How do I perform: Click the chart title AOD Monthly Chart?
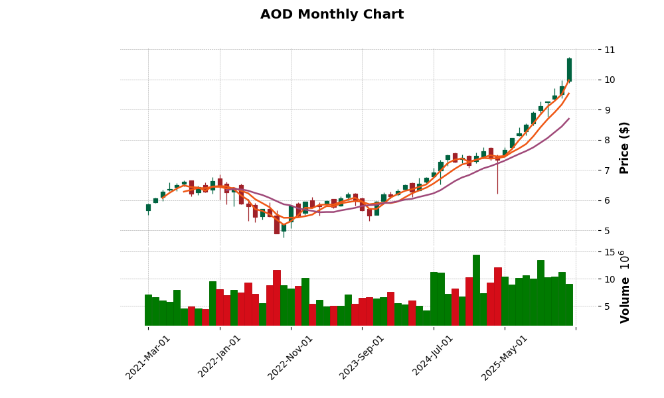(332, 15)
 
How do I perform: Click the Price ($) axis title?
(624, 147)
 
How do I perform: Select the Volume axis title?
(624, 287)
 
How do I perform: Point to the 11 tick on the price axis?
(609, 50)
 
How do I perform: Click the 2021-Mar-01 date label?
(148, 358)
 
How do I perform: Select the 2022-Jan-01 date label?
(220, 358)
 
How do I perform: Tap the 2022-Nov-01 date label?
(290, 358)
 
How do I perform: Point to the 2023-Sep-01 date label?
(362, 358)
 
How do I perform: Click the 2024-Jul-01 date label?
(434, 358)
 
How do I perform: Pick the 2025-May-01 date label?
(505, 358)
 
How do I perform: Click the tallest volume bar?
(476, 290)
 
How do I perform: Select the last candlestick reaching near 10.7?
(569, 70)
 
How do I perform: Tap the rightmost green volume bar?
(569, 304)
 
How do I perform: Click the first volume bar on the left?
(148, 310)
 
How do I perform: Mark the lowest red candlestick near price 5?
(277, 224)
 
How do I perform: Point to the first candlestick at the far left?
(148, 208)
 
